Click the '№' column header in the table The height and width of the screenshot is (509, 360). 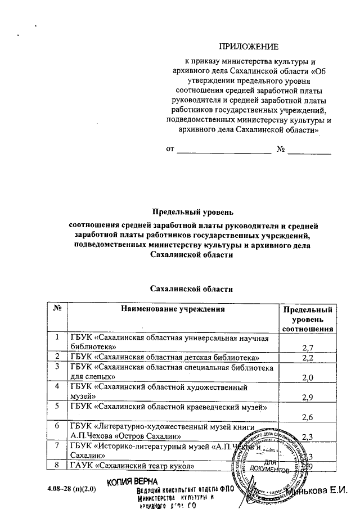[x=57, y=309]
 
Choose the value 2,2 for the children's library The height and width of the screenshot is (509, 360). [x=307, y=358]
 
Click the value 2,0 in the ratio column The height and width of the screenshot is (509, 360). [x=307, y=377]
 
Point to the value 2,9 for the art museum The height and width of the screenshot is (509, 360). [x=307, y=398]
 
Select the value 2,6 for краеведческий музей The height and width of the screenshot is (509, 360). [x=307, y=417]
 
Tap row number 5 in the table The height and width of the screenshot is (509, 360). [x=57, y=406]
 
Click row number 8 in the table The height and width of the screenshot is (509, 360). [x=57, y=465]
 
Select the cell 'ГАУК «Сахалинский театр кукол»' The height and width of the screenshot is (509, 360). [x=132, y=466]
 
